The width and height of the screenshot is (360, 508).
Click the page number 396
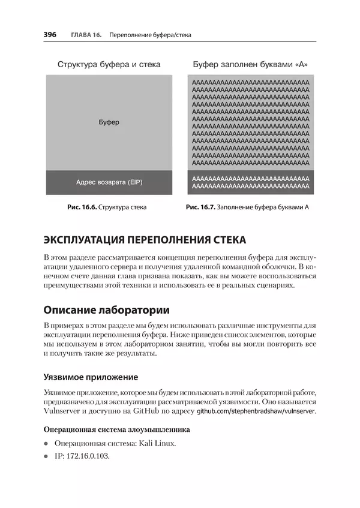coord(50,35)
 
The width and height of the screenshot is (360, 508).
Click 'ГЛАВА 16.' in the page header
coord(85,35)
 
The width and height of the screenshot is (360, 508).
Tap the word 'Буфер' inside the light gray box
coord(109,122)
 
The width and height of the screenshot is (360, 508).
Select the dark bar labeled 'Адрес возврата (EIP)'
coord(109,182)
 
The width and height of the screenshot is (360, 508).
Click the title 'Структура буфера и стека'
coord(109,64)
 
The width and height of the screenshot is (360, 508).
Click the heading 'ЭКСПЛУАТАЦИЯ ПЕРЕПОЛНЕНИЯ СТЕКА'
coord(145,240)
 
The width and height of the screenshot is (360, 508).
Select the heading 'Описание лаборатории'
coord(106,310)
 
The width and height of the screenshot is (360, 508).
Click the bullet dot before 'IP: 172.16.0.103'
coord(46,456)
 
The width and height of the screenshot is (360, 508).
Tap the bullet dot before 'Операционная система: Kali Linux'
coord(46,444)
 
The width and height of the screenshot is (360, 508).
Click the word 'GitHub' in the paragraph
coord(154,411)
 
